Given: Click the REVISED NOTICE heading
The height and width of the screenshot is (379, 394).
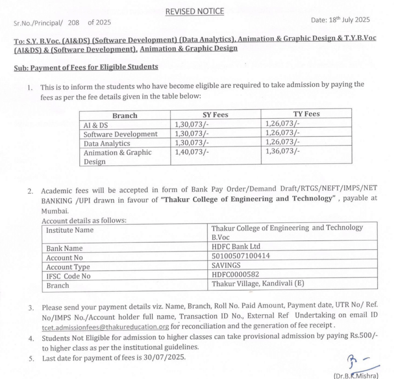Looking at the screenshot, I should tap(194, 11).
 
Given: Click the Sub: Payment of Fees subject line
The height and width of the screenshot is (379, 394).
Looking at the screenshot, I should tap(85, 67).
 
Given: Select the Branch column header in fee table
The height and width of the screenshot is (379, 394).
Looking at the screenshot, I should tap(125, 115).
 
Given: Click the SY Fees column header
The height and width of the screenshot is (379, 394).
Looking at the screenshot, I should tap(215, 115).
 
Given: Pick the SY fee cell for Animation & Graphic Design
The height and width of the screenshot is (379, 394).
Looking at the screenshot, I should tap(190, 152).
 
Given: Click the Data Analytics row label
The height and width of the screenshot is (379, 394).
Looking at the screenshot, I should tap(107, 143).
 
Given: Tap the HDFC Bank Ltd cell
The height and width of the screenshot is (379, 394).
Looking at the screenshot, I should tap(236, 246).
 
